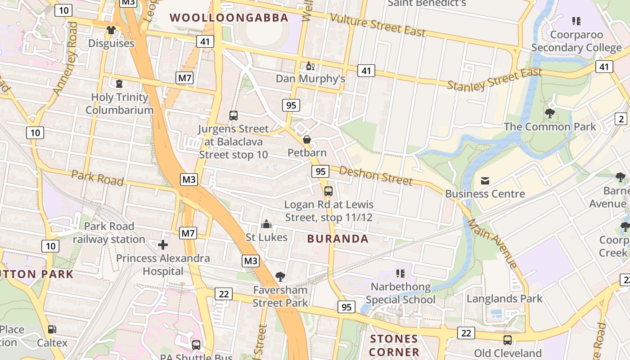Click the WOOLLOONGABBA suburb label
(x=229, y=18)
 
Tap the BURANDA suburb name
(x=337, y=239)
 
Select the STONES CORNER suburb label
(x=394, y=345)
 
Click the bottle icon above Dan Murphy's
(x=310, y=66)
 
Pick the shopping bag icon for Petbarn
(x=307, y=139)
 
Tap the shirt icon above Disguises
(x=111, y=30)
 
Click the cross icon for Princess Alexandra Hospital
(x=163, y=245)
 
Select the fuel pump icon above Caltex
(x=52, y=329)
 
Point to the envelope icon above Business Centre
(x=485, y=181)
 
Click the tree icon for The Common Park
(x=549, y=113)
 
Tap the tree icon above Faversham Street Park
(x=280, y=276)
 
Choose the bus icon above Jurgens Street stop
(x=233, y=116)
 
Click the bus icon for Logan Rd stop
(x=328, y=191)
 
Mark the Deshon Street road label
(x=375, y=175)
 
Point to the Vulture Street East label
(x=378, y=25)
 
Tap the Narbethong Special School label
(x=400, y=293)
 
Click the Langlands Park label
(x=504, y=298)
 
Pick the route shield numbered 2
(x=621, y=119)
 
